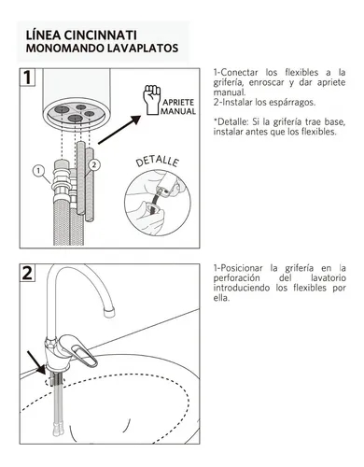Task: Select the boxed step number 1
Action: pyautogui.click(x=27, y=77)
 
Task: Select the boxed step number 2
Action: pyautogui.click(x=27, y=273)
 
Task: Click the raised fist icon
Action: pyautogui.click(x=151, y=99)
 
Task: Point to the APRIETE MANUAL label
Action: pyautogui.click(x=178, y=106)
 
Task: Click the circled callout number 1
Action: pyautogui.click(x=38, y=171)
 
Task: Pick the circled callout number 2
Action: pyautogui.click(x=94, y=164)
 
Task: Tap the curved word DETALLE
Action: pyautogui.click(x=158, y=162)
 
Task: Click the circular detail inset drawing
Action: pyautogui.click(x=158, y=203)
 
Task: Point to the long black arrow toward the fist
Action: pyautogui.click(x=119, y=130)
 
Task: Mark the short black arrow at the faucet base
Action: pyautogui.click(x=36, y=362)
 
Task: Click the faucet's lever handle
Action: pyautogui.click(x=79, y=350)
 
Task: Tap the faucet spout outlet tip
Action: pyautogui.click(x=109, y=312)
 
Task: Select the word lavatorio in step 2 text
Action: pyautogui.click(x=329, y=277)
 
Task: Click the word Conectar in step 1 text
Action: pyautogui.click(x=239, y=73)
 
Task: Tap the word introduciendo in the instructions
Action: pyautogui.click(x=242, y=288)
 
